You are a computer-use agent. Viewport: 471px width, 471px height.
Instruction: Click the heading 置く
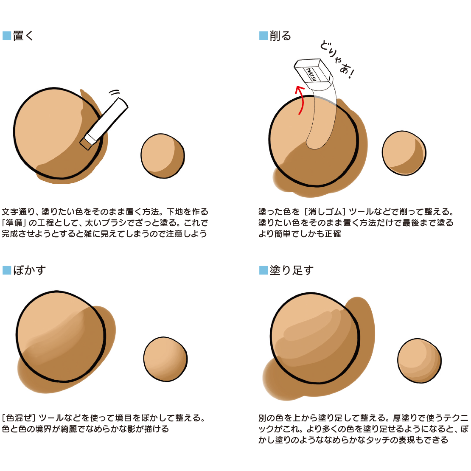[23, 36]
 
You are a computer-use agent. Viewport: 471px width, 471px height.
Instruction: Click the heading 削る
[280, 36]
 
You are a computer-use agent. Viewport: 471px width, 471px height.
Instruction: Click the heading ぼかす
[29, 270]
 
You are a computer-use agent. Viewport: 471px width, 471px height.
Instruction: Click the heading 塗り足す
[292, 270]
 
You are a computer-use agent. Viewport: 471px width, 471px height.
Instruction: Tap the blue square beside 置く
[7, 36]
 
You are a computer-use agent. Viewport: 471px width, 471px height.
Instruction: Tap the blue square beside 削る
[264, 36]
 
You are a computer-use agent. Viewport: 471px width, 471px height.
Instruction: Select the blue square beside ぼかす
[7, 270]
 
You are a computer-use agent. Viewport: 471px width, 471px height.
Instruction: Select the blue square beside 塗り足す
[264, 270]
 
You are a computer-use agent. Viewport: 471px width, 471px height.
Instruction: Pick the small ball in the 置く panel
[163, 156]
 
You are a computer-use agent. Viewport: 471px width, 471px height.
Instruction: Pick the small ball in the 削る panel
[404, 153]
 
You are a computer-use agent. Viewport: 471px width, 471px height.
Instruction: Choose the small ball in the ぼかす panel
[165, 359]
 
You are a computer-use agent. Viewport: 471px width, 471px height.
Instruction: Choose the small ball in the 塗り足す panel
[419, 361]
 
